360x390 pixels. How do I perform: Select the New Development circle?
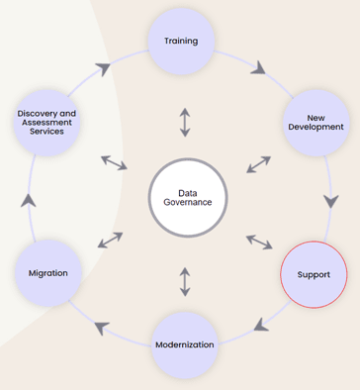click(315, 122)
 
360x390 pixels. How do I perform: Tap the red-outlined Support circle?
click(315, 273)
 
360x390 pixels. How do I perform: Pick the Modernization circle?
click(185, 345)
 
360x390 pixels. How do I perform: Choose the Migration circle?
click(48, 273)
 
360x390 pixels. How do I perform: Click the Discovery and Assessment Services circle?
click(46, 123)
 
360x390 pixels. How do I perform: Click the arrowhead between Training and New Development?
click(260, 68)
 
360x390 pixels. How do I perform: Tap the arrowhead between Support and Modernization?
click(257, 324)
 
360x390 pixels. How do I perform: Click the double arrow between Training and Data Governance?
click(185, 123)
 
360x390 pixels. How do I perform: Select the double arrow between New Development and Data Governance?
click(258, 163)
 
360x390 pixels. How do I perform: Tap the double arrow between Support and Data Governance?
click(259, 241)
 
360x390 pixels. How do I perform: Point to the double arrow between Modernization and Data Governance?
click(185, 280)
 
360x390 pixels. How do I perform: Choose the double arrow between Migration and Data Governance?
click(110, 241)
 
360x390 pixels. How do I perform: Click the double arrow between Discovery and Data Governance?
click(114, 161)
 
